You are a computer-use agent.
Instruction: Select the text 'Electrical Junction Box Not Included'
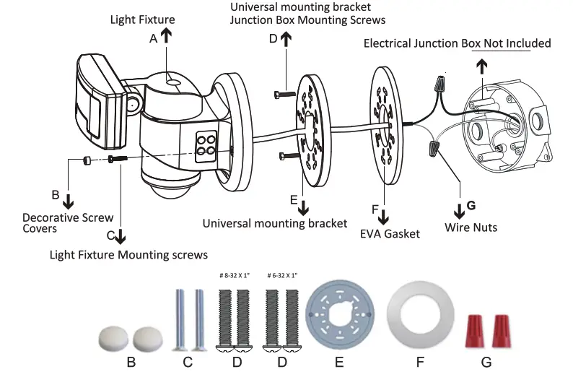point(457,44)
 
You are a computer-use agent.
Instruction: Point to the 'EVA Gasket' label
point(390,235)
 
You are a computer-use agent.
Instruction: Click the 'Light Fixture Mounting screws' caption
point(128,254)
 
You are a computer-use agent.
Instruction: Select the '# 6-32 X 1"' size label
point(281,276)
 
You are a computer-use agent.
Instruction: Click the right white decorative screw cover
point(147,336)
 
